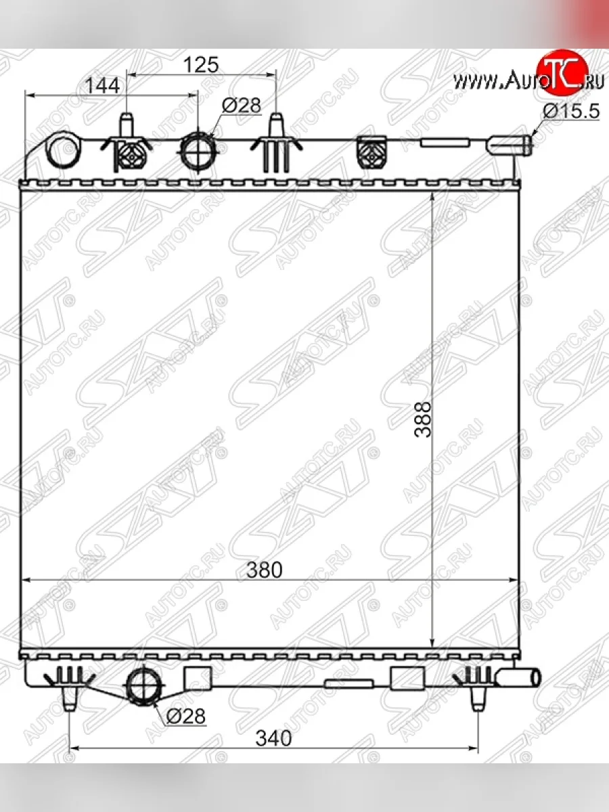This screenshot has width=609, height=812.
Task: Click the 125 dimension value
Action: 201,65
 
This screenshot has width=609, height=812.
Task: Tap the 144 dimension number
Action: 102,86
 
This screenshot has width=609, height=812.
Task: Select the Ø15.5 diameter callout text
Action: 571,110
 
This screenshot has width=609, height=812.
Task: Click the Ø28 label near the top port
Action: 241,105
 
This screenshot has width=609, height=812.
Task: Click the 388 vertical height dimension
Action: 423,420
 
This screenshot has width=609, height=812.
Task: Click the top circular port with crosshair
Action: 198,151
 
